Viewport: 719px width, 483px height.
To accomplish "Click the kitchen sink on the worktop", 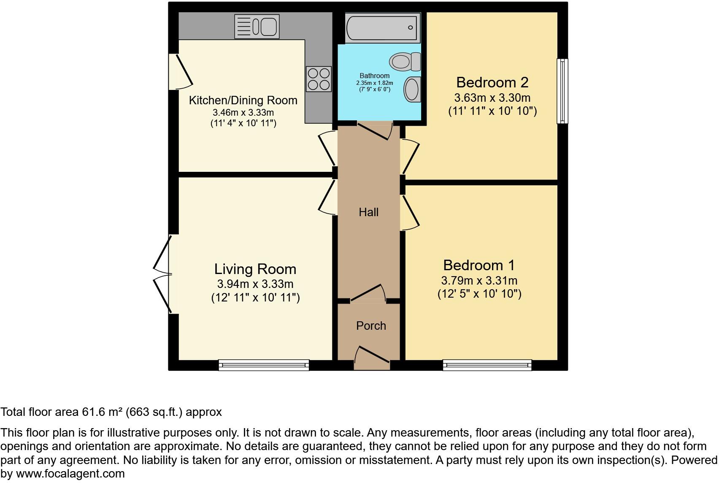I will click(x=257, y=26).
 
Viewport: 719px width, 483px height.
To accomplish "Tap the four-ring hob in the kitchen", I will click(x=319, y=79).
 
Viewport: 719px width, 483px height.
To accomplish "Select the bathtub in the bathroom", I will click(x=383, y=27).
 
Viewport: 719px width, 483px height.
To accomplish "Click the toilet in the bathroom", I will click(x=404, y=62).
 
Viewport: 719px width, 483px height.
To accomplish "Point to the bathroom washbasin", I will click(x=412, y=89).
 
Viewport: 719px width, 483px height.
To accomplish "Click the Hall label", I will click(x=368, y=212).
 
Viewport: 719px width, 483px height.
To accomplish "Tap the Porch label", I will click(x=371, y=326).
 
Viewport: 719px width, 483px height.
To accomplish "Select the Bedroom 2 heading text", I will click(x=492, y=82).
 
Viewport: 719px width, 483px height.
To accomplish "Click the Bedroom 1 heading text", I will click(x=479, y=265).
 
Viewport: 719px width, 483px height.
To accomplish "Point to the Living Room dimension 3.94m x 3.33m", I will click(x=255, y=284).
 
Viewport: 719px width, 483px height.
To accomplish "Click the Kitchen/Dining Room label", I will click(x=243, y=100).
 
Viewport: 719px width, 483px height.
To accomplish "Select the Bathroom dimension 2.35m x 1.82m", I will click(x=374, y=83).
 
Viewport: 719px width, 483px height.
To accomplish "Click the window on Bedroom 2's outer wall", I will click(x=562, y=91).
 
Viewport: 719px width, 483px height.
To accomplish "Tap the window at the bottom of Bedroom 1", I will click(x=487, y=365).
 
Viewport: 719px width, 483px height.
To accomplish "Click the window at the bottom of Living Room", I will click(x=264, y=365).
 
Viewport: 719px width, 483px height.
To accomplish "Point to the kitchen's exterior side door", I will click(x=179, y=72).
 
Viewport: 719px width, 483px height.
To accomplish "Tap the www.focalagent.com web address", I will click(x=70, y=474).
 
